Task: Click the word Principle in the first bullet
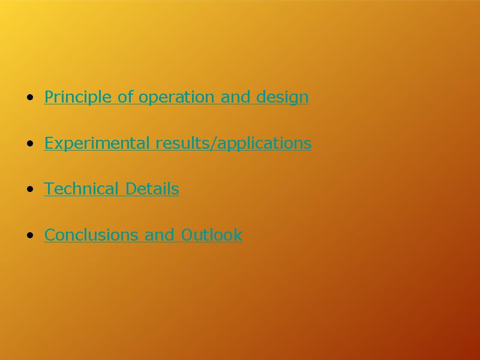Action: [x=78, y=97]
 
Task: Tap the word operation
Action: [x=176, y=98]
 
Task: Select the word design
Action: [x=282, y=98]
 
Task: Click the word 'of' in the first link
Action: [x=125, y=96]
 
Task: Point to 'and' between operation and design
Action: [x=235, y=97]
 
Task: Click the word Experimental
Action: [x=97, y=143]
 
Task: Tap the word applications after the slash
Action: [x=264, y=143]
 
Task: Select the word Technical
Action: [x=81, y=188]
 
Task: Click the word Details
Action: [x=152, y=188]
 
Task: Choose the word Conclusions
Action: [x=91, y=235]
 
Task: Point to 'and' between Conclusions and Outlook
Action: [x=159, y=235]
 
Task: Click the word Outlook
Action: [x=212, y=235]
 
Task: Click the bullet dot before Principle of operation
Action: [x=30, y=98]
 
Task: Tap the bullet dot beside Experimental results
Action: [x=30, y=143]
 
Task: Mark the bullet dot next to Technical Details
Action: [x=30, y=189]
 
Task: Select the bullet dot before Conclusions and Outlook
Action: [x=30, y=235]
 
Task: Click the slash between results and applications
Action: [x=214, y=143]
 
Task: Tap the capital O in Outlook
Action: [x=187, y=235]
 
